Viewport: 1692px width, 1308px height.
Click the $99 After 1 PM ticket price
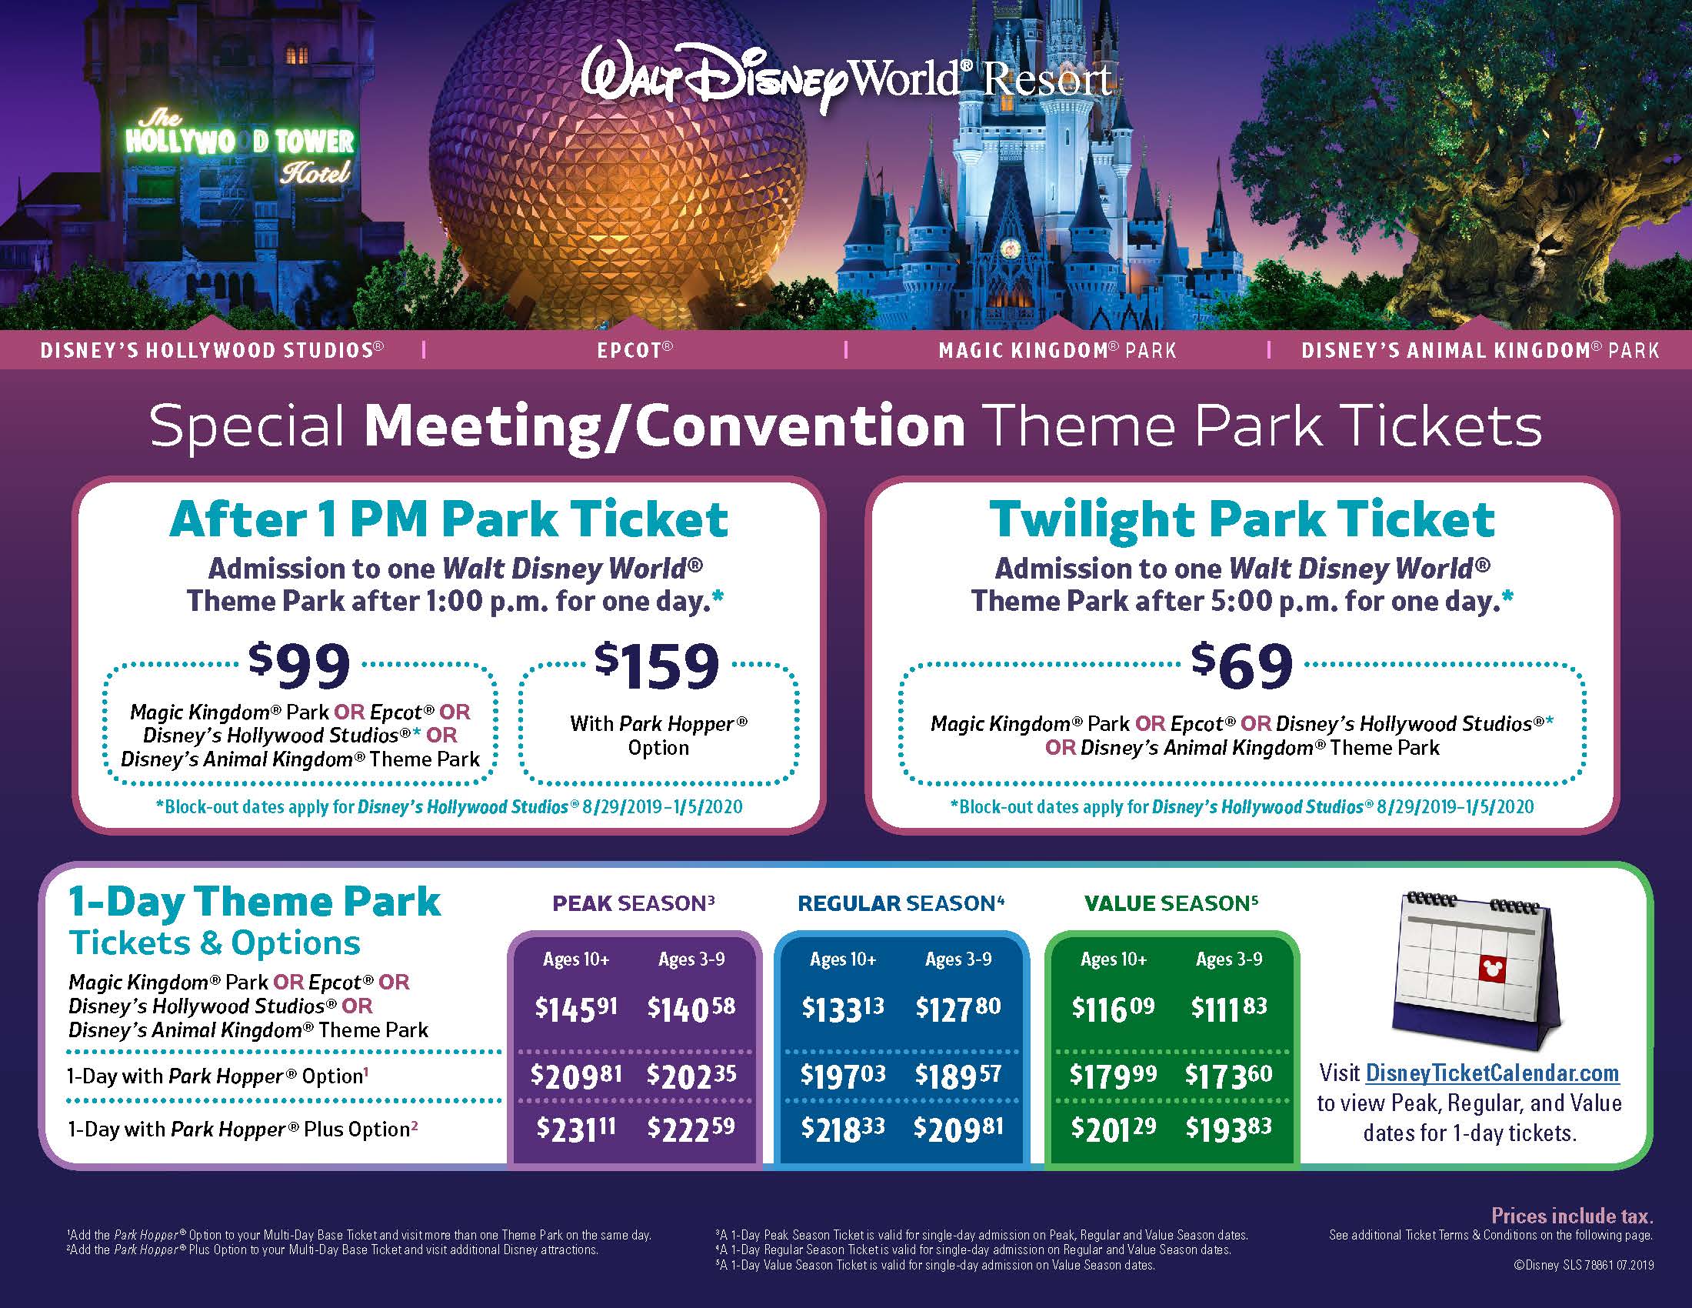[x=299, y=665]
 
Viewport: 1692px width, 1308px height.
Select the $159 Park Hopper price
[x=657, y=665]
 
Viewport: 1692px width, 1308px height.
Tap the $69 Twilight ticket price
[x=1242, y=665]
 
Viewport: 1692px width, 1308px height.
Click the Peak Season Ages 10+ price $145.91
[x=576, y=1007]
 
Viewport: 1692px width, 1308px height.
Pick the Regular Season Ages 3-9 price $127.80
[x=958, y=1007]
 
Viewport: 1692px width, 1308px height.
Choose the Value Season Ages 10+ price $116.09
[x=1114, y=1007]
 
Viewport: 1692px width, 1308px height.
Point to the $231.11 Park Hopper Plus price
[x=576, y=1127]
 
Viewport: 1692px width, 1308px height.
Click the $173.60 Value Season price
[x=1229, y=1075]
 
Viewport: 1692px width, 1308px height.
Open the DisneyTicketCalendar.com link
[x=1492, y=1073]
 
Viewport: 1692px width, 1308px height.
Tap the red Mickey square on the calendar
[x=1491, y=968]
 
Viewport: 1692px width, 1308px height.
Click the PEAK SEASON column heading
[x=633, y=903]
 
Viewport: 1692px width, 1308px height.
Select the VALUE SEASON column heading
[x=1171, y=903]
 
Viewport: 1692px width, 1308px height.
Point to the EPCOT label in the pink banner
[x=634, y=350]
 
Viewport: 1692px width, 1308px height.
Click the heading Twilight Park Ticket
[x=1242, y=519]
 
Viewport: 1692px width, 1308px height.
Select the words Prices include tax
[x=1572, y=1216]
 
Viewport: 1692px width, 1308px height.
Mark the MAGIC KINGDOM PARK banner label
[x=1057, y=350]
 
